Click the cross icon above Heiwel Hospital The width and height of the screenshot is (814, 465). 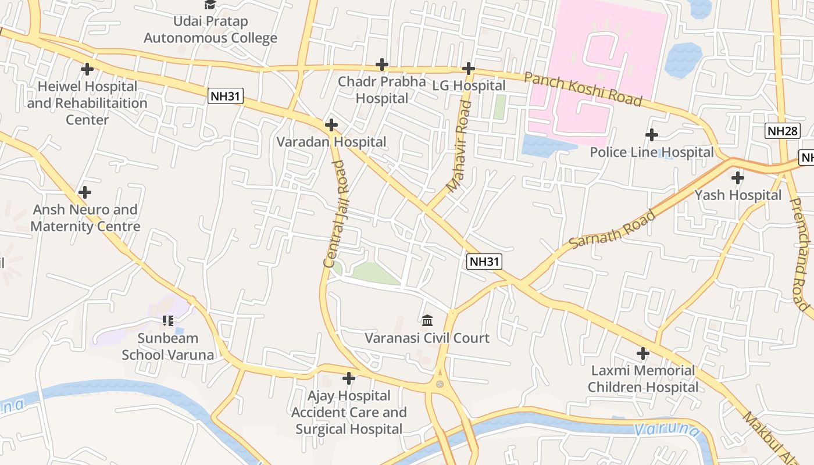[x=87, y=69]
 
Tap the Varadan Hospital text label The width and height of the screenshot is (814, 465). [x=331, y=142]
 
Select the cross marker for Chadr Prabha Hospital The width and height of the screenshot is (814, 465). [x=382, y=65]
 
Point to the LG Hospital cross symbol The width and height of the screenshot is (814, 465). [x=469, y=69]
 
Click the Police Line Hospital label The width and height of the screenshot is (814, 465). [x=651, y=152]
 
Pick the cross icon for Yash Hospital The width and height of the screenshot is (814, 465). [x=738, y=177]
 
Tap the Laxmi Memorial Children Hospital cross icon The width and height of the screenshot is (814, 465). [x=642, y=353]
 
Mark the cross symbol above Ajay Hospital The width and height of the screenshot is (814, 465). [x=349, y=378]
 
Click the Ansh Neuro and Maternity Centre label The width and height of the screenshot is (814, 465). [x=85, y=218]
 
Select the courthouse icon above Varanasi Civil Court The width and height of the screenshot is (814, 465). [x=427, y=320]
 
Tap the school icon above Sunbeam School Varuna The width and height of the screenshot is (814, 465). [x=168, y=320]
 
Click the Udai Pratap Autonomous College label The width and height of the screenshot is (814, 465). [x=210, y=30]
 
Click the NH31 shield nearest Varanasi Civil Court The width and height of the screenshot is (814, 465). [x=484, y=262]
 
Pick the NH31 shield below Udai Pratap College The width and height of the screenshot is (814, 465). [x=226, y=96]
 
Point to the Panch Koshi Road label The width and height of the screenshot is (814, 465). [x=583, y=90]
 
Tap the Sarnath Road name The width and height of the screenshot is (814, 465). [x=612, y=230]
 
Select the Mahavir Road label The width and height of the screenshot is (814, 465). [x=459, y=146]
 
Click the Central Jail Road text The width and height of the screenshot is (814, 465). [x=336, y=213]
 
